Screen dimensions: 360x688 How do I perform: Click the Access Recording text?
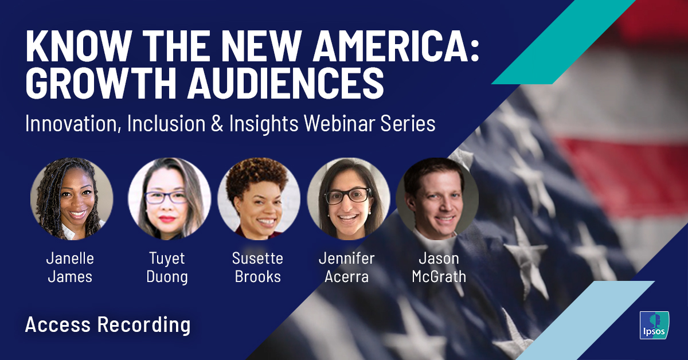[108, 325]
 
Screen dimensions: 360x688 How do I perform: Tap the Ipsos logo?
[653, 324]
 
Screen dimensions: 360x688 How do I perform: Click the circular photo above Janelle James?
[71, 198]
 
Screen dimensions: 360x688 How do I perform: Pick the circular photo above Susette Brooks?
[258, 198]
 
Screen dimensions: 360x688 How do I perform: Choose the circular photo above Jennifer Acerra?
[348, 198]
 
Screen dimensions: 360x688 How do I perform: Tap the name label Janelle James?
[70, 267]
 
